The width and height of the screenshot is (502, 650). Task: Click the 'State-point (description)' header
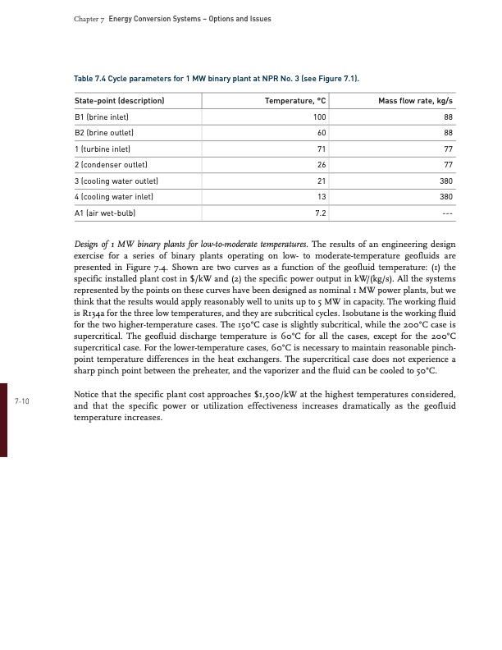[120, 101]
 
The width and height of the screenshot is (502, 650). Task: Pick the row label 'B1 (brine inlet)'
[103, 117]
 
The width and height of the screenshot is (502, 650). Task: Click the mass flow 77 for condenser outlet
[448, 165]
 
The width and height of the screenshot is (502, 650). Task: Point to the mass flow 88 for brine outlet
[448, 133]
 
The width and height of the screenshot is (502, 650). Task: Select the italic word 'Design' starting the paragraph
[85, 245]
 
